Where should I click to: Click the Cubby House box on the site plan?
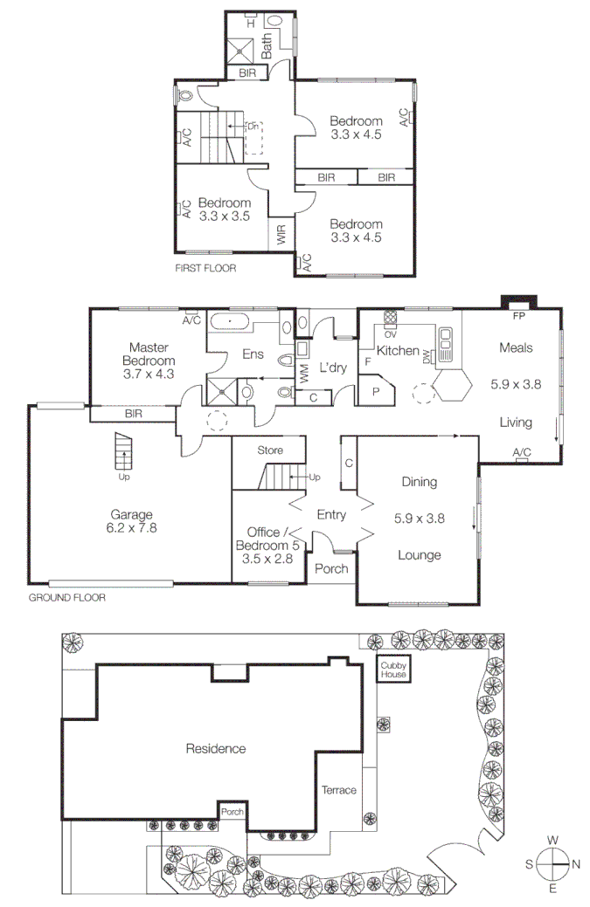[392, 670]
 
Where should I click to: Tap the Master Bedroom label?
[149, 360]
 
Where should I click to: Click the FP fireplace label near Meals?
[518, 313]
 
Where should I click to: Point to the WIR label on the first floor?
[281, 234]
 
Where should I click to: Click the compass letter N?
[575, 864]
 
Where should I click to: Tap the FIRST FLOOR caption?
[205, 268]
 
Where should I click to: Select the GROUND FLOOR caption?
[67, 598]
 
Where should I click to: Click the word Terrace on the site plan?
[338, 790]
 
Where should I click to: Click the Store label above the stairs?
[269, 450]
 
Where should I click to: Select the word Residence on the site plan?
[215, 748]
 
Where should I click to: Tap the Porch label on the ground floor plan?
[331, 568]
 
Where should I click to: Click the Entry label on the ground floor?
[331, 514]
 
